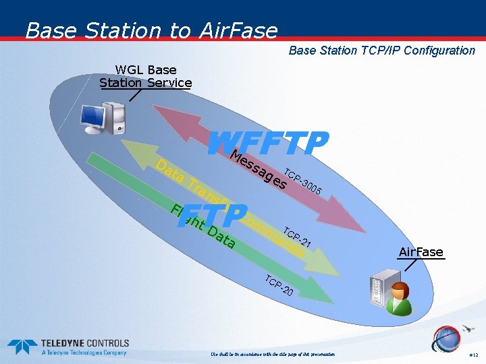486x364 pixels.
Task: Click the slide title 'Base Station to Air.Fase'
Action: pyautogui.click(x=151, y=30)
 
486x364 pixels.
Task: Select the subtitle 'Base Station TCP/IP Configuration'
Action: pyautogui.click(x=381, y=51)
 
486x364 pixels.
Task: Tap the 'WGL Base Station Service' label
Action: pyautogui.click(x=146, y=76)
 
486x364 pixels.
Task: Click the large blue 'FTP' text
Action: pyautogui.click(x=213, y=216)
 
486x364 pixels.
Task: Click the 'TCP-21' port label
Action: pyautogui.click(x=296, y=237)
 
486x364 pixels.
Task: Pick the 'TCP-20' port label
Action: pyautogui.click(x=278, y=286)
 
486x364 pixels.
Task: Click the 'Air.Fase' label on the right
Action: pyautogui.click(x=421, y=252)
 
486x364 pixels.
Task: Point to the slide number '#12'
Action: pyautogui.click(x=472, y=355)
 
